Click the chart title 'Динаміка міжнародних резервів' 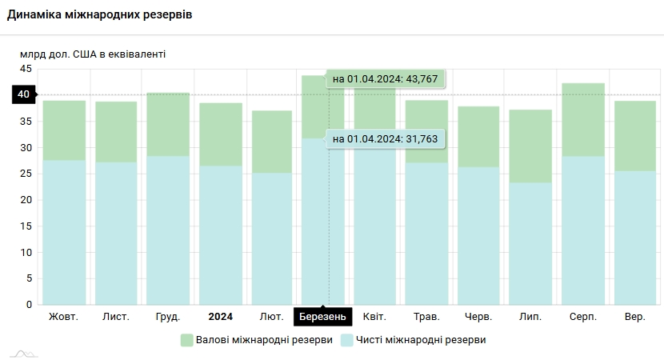pos(100,16)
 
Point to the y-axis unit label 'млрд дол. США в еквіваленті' pos(93,54)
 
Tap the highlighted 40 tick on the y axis pos(24,95)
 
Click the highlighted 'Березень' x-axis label pos(323,318)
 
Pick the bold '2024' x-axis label pos(220,317)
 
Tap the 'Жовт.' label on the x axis pos(64,317)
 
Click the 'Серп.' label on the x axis pos(583,317)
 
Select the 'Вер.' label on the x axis pos(635,317)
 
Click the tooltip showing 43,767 pos(385,78)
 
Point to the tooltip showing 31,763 pos(385,138)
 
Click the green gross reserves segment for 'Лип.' pos(531,146)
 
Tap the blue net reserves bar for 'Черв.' pos(479,236)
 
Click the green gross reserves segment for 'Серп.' pos(583,119)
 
